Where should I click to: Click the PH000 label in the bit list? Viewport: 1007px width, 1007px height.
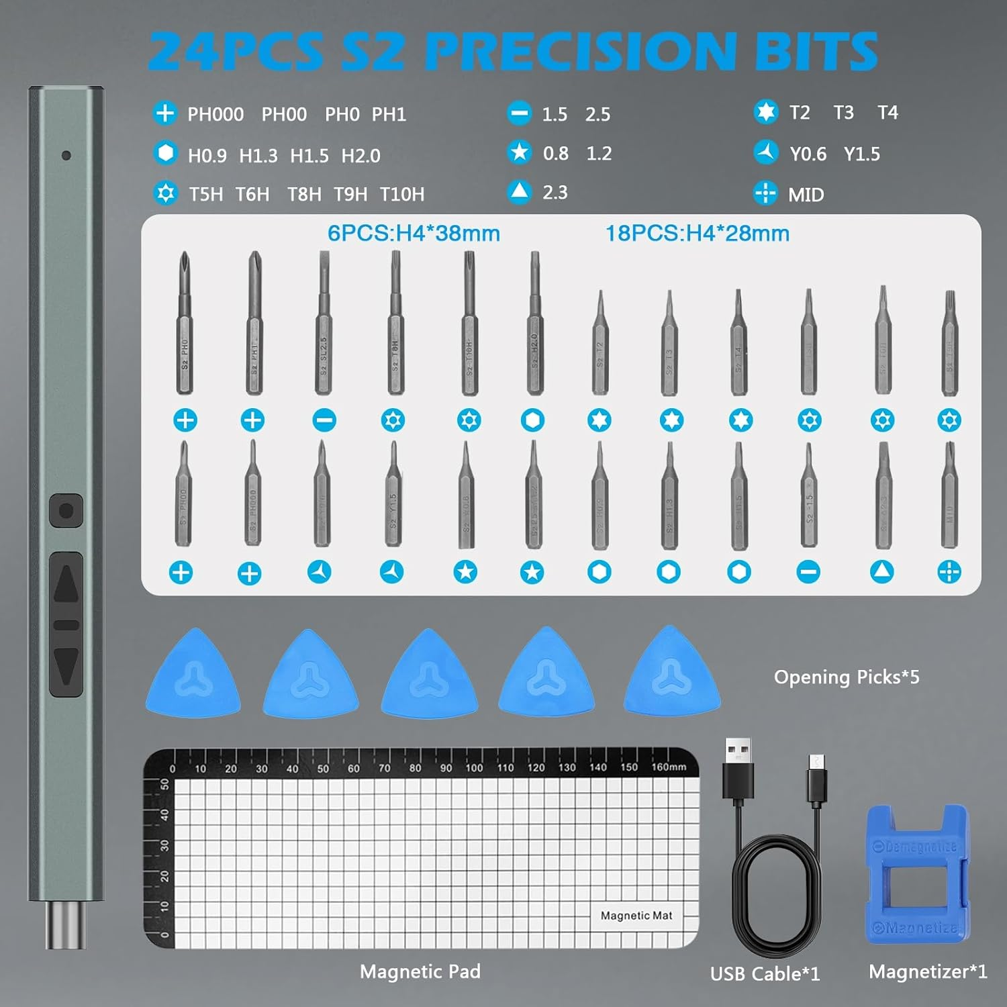tap(215, 115)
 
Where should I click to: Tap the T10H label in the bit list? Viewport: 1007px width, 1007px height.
tap(401, 195)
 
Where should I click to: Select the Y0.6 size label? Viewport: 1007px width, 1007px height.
tap(808, 154)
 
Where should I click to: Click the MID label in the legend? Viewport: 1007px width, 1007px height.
tap(806, 195)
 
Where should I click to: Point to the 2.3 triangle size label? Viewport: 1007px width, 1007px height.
tap(555, 193)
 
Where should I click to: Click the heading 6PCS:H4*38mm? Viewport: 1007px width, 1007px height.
tap(414, 234)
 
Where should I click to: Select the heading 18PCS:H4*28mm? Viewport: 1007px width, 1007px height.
tap(697, 234)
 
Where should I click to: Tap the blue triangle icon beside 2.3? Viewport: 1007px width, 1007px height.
tap(519, 193)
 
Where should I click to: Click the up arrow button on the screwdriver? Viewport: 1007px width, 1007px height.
tap(66, 584)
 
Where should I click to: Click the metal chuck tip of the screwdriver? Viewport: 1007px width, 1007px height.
tap(65, 925)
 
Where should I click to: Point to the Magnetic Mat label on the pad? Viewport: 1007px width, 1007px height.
tap(636, 916)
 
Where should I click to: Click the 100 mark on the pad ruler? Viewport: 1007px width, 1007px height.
tap(474, 768)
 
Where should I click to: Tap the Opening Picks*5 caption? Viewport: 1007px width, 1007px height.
tap(846, 677)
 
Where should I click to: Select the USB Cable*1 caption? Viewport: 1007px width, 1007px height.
tap(765, 974)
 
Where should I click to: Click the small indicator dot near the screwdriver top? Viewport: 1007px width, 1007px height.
tap(66, 156)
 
